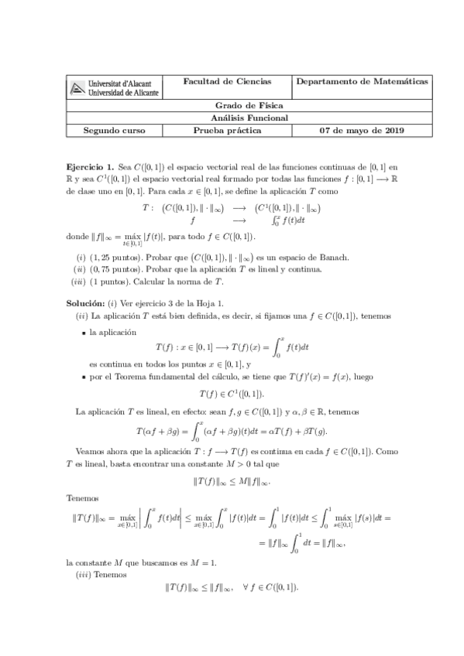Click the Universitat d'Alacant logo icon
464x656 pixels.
[77, 90]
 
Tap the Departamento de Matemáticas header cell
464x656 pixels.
[363, 82]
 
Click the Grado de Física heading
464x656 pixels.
[248, 105]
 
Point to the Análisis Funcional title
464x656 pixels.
[248, 118]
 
